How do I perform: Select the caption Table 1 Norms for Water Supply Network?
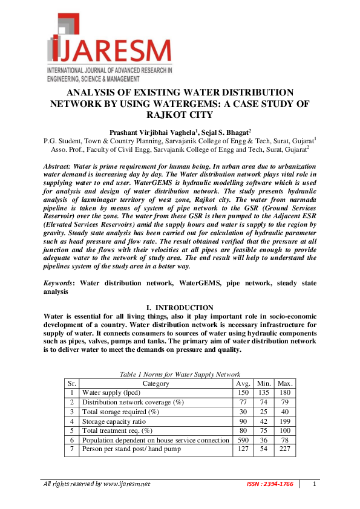tap(180, 375)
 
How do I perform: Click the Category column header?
tap(155, 383)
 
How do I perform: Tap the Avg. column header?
tap(242, 383)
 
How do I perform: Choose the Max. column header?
tap(284, 383)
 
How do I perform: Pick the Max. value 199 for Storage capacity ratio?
tap(284, 421)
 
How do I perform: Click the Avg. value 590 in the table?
tap(242, 440)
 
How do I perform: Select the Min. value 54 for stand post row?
tap(263, 449)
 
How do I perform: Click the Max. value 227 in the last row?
tap(284, 449)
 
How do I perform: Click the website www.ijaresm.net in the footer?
tap(126, 484)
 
